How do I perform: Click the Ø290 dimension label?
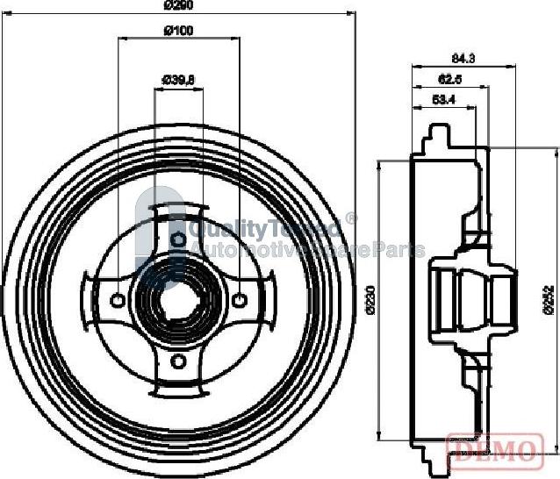tap(178, 4)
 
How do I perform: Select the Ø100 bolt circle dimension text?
tap(178, 32)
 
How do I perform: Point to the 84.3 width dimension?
tap(463, 59)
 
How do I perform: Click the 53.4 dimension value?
tap(444, 100)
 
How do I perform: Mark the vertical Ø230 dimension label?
tap(369, 300)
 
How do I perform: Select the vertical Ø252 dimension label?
tap(546, 300)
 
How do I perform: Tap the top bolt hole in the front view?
tap(178, 239)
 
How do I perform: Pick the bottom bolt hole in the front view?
tap(178, 361)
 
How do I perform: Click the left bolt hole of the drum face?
tap(117, 300)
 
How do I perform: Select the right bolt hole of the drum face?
tap(240, 300)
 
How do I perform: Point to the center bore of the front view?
tap(178, 300)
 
